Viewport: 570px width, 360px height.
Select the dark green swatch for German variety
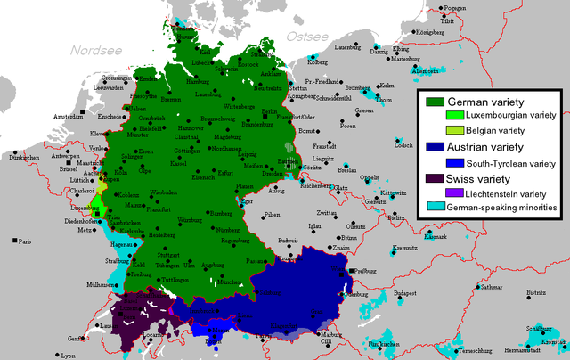click(435, 101)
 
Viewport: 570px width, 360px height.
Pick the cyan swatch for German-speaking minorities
click(435, 208)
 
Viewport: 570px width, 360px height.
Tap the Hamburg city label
click(198, 80)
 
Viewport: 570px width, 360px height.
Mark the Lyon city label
click(68, 356)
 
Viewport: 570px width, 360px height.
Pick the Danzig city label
click(379, 53)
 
